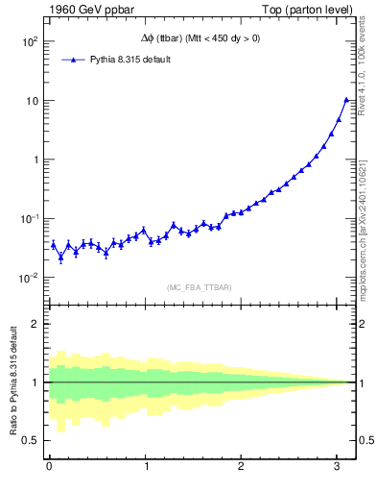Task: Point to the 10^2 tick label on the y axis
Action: (x=28, y=42)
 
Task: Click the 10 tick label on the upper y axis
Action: (x=32, y=101)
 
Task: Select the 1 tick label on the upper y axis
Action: (x=35, y=160)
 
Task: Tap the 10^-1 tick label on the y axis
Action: (x=28, y=219)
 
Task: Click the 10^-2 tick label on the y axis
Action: (x=28, y=279)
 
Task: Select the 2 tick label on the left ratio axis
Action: (x=35, y=324)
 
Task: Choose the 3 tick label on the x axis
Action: (x=340, y=468)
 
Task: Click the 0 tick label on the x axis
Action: (x=49, y=468)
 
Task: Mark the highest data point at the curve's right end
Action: (x=346, y=100)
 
